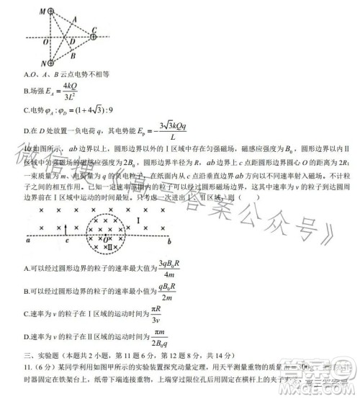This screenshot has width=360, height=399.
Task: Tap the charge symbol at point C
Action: click(x=93, y=32)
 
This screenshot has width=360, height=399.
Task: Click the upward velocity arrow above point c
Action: click(x=65, y=229)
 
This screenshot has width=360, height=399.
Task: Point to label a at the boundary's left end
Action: click(x=27, y=242)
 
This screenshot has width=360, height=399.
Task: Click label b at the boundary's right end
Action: click(x=168, y=242)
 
